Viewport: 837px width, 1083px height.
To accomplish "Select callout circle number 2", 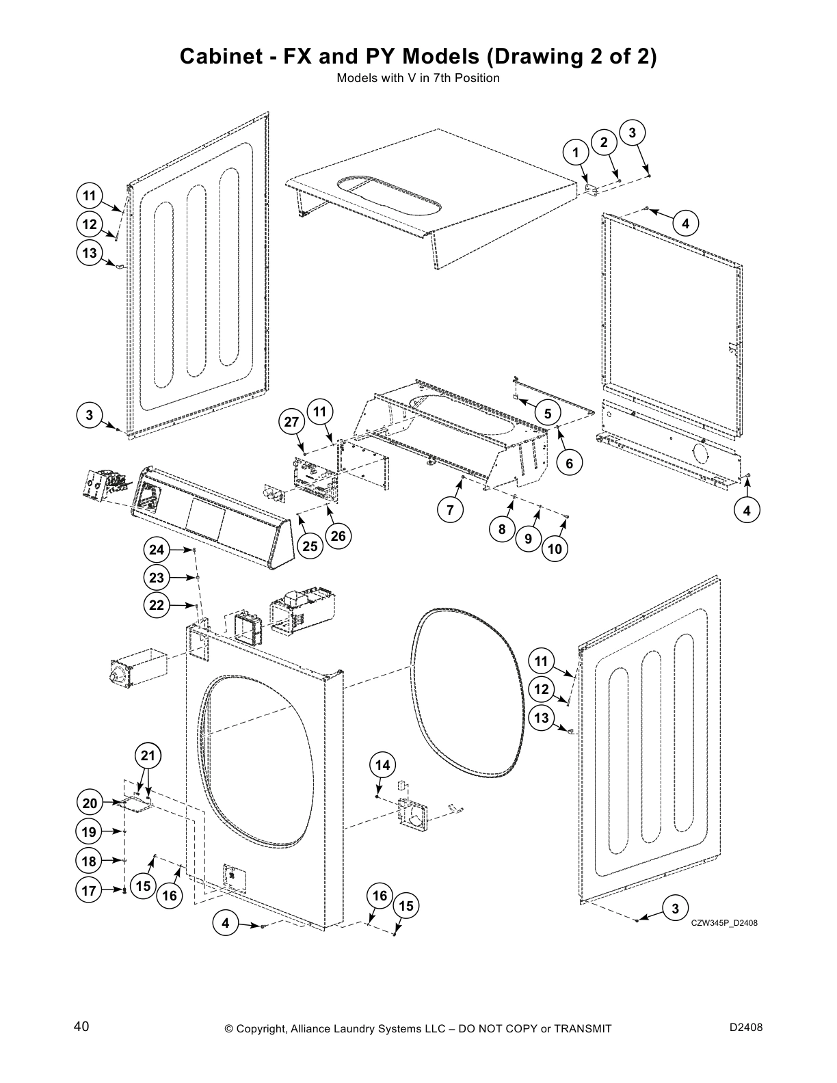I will point(604,142).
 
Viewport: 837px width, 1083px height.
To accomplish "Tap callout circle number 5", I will point(548,413).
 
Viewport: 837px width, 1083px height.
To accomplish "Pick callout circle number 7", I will point(450,509).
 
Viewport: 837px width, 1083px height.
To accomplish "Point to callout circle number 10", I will point(555,548).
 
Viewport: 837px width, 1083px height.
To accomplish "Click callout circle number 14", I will point(383,765).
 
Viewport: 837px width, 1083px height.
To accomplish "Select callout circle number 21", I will point(148,756).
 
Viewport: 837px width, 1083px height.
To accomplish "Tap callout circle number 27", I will point(292,422).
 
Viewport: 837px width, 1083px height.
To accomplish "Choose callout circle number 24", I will point(157,550).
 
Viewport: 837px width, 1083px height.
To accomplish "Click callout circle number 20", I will point(90,803).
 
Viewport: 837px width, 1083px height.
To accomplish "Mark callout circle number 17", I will point(89,890).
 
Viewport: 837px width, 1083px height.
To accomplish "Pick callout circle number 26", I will point(338,536).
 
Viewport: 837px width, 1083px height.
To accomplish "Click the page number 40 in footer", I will point(81,1026).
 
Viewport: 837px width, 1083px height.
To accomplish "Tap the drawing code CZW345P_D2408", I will point(724,923).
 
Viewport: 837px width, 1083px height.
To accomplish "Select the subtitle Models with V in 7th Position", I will point(418,78).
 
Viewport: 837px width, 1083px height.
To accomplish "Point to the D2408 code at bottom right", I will point(746,1026).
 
